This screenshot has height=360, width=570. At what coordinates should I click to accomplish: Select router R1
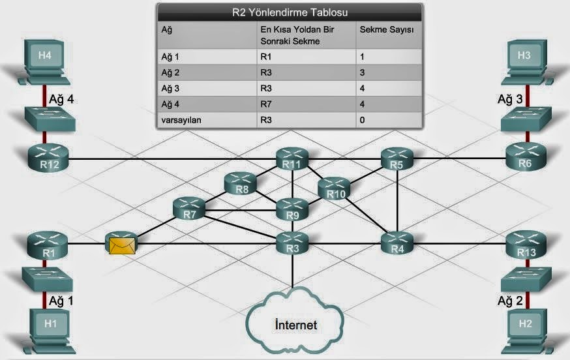click(x=44, y=247)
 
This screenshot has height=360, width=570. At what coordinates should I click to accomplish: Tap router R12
click(x=44, y=157)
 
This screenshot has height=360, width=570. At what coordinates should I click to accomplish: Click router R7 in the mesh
click(x=189, y=209)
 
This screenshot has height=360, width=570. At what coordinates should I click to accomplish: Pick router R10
click(x=335, y=189)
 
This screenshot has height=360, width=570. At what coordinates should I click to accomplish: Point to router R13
click(x=525, y=247)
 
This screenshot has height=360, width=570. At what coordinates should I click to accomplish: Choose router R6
click(x=525, y=157)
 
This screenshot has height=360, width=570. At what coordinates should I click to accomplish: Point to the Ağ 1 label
click(x=62, y=301)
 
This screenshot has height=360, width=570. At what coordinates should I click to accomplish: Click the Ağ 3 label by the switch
click(x=510, y=99)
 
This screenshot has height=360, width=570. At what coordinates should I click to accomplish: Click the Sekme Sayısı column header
click(x=387, y=29)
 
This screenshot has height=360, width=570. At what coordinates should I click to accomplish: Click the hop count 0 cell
click(x=363, y=120)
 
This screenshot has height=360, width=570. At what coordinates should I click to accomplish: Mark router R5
click(x=397, y=158)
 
